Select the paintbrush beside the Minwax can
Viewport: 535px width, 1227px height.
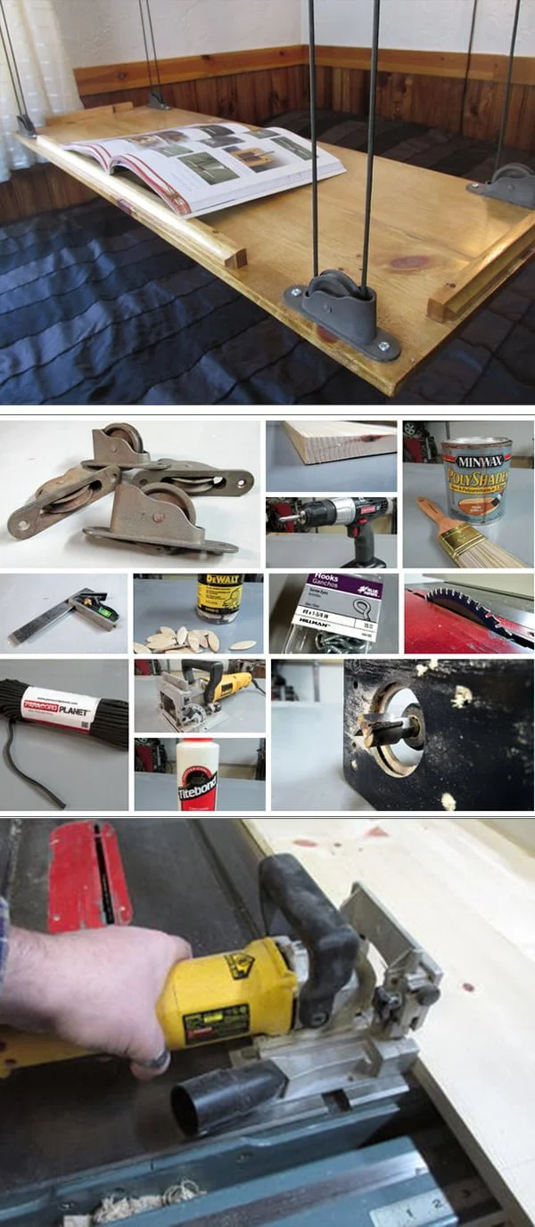pyautogui.click(x=464, y=535)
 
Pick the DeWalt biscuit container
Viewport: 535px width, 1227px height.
pyautogui.click(x=219, y=597)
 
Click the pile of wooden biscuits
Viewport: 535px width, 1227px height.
pyautogui.click(x=187, y=638)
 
